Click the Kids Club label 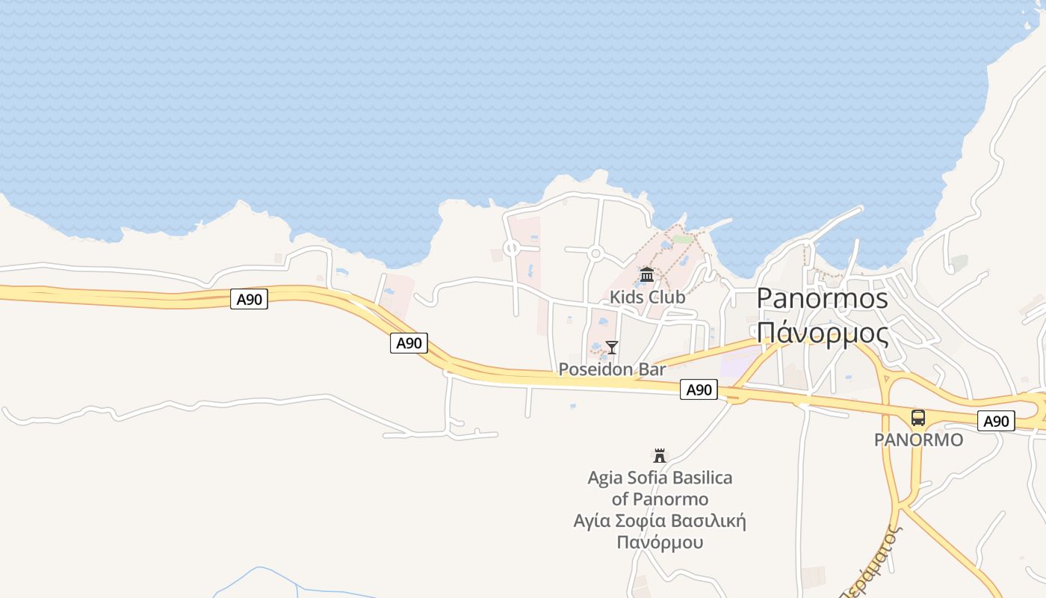pos(647,297)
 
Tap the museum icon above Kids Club pos(647,275)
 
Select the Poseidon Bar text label pos(612,369)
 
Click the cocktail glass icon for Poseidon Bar pos(612,347)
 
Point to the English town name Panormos pos(822,298)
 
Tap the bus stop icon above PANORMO pos(918,418)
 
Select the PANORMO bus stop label pos(918,440)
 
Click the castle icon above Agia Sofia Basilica pos(660,455)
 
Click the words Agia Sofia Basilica pos(660,478)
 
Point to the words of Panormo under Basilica pos(660,499)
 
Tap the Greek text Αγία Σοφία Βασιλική pos(660,520)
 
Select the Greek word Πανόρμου pos(660,542)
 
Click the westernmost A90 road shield pos(249,300)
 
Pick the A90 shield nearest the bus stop pos(996,421)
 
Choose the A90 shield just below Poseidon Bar pos(699,389)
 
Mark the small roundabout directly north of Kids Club pos(595,253)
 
